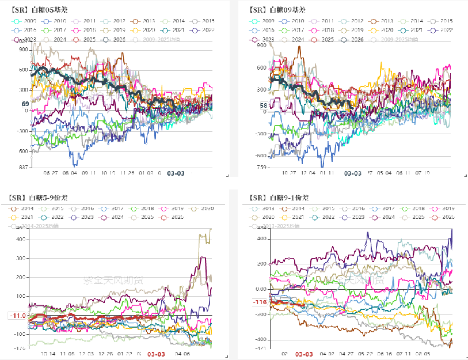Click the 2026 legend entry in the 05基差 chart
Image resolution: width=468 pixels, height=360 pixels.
(109, 39)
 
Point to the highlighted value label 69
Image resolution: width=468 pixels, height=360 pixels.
(25, 104)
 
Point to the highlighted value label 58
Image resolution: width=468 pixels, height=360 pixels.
(264, 105)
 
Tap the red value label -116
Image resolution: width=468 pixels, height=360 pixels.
(260, 302)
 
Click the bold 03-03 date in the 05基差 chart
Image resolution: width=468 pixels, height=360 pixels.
(176, 172)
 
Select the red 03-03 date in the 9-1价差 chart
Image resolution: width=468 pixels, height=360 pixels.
(305, 354)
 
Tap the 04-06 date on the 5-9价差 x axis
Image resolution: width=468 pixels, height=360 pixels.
(183, 355)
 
